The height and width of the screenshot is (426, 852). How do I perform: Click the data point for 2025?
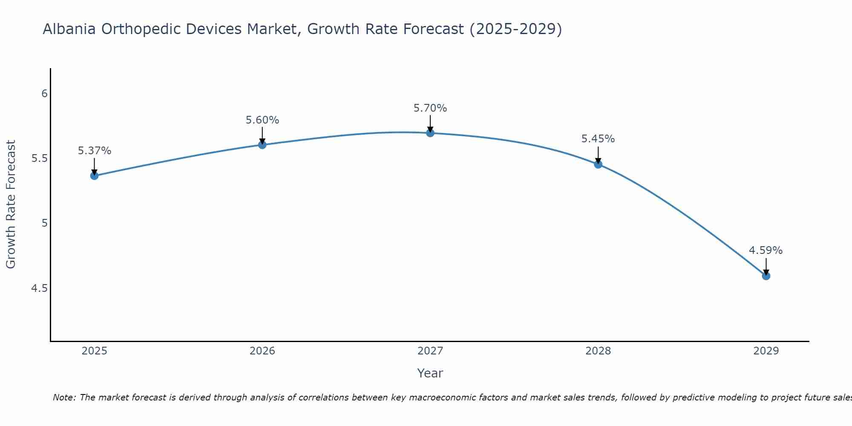click(x=94, y=176)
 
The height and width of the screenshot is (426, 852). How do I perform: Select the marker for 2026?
click(x=262, y=145)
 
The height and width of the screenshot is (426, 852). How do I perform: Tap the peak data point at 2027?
click(x=430, y=133)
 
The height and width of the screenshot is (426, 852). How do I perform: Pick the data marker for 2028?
click(x=598, y=164)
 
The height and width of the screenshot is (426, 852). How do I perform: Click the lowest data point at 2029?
click(x=766, y=276)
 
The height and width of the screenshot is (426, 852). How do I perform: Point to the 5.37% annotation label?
click(x=95, y=151)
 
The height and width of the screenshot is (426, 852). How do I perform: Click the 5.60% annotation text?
click(x=262, y=120)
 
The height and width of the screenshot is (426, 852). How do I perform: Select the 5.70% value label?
click(x=430, y=108)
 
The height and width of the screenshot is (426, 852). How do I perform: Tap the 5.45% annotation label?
click(x=598, y=139)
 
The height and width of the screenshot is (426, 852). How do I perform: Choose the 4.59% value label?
click(x=766, y=250)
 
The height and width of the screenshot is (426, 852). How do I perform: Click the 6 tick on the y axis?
click(x=44, y=93)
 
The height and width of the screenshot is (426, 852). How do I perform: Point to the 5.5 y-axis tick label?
click(x=40, y=158)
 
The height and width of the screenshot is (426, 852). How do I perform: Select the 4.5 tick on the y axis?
click(x=40, y=288)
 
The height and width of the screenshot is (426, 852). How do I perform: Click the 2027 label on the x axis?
click(x=430, y=351)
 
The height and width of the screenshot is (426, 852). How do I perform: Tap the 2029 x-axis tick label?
click(x=766, y=351)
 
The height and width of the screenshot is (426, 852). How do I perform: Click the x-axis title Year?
click(x=430, y=373)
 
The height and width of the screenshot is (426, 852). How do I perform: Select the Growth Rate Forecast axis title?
click(x=11, y=204)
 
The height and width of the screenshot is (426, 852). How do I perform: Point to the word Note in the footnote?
click(x=64, y=397)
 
